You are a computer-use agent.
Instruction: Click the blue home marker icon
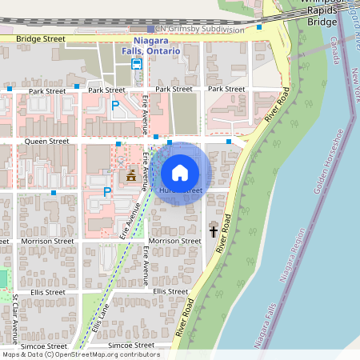coord(180,172)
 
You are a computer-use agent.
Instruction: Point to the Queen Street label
coord(49,141)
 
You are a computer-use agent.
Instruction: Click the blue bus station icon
coord(138,64)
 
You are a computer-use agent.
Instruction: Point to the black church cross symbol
coord(214,231)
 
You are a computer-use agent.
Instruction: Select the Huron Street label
coord(180,190)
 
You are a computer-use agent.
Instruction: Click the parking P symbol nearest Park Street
coord(115,105)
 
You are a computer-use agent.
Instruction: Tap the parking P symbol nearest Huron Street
coord(107,192)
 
